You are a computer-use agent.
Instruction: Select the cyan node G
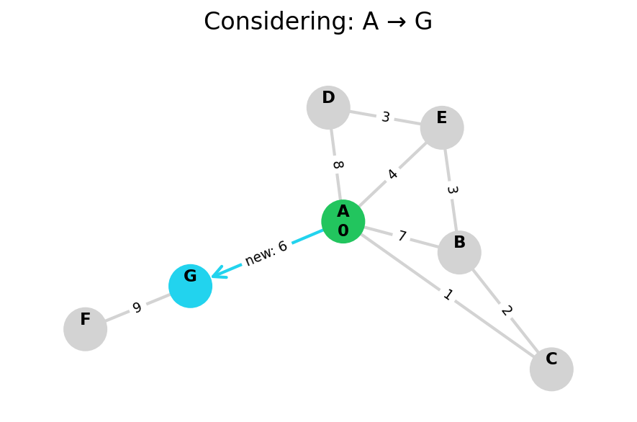click(190, 286)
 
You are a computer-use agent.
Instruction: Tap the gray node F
click(85, 329)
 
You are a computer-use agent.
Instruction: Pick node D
click(328, 107)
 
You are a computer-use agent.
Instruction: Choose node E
click(442, 127)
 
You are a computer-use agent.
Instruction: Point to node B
click(459, 252)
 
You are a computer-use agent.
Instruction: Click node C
click(551, 369)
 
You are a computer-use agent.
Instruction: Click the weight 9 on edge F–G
click(137, 308)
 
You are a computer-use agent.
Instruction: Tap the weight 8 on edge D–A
click(337, 165)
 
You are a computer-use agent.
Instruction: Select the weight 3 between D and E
click(386, 117)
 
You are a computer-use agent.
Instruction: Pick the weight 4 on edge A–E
click(392, 174)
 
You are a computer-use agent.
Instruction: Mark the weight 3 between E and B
click(451, 190)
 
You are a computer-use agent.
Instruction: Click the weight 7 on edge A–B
click(402, 236)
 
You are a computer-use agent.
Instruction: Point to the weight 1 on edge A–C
click(448, 295)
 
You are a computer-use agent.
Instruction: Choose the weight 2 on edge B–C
click(506, 310)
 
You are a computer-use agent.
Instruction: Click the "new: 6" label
click(266, 253)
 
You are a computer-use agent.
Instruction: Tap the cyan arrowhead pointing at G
click(217, 273)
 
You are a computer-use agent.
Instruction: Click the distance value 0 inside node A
click(343, 231)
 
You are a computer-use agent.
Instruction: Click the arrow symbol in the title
click(392, 22)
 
